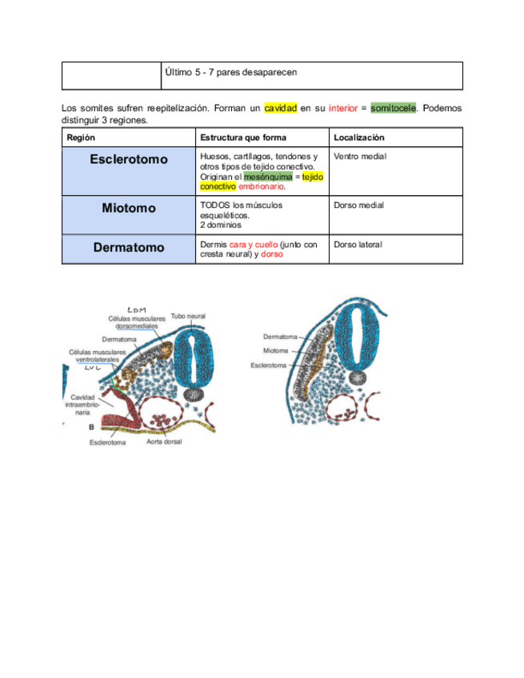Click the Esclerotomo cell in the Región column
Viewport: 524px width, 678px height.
[x=129, y=159]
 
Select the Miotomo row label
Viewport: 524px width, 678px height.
[x=129, y=208]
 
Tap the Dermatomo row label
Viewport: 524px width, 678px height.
[x=129, y=248]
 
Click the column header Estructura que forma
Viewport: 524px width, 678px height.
[x=243, y=138]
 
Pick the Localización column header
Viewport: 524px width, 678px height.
[x=359, y=138]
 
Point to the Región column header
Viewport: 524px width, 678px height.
[x=81, y=138]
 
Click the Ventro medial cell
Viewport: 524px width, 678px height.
[x=360, y=157]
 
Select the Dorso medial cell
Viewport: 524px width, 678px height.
[x=358, y=205]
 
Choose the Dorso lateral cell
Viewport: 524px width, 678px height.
[x=358, y=245]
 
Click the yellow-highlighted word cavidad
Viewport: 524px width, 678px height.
[x=280, y=108]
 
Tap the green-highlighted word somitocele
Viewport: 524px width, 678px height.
[x=393, y=108]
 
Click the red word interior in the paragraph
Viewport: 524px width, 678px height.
[x=342, y=108]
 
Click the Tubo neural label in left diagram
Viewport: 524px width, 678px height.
[x=188, y=317]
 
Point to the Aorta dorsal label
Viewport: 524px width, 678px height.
[x=165, y=441]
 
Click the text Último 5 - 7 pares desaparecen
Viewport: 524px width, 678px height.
[x=230, y=72]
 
